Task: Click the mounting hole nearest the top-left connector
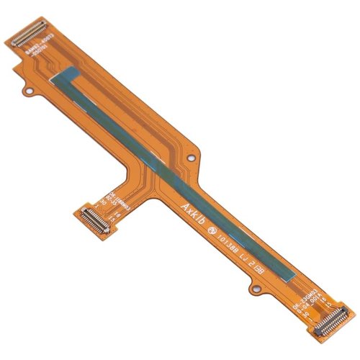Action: (30, 91)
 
